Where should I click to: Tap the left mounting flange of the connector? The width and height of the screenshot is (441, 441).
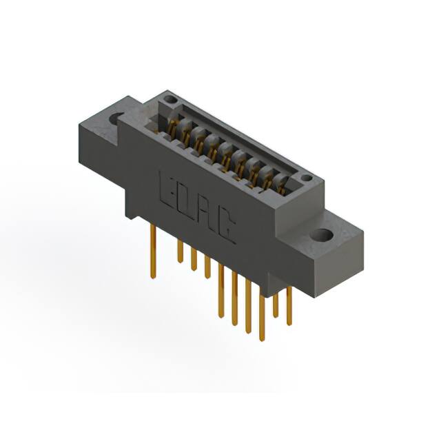pyautogui.click(x=103, y=127)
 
